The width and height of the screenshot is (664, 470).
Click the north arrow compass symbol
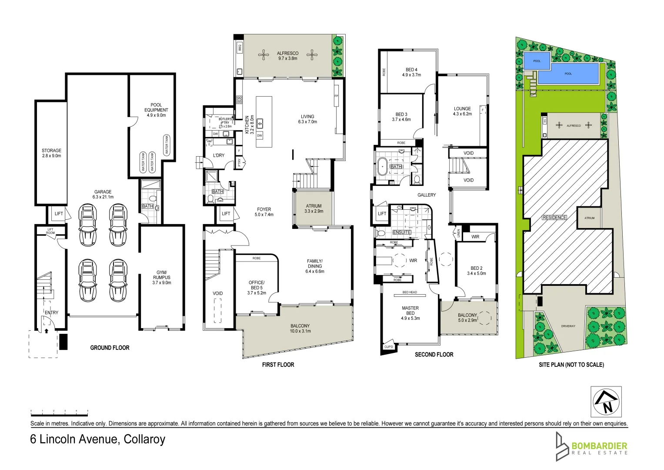606,402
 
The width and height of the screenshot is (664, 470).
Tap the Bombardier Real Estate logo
591,446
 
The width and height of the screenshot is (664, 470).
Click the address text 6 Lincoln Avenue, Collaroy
97,439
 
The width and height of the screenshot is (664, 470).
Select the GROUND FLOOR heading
110,348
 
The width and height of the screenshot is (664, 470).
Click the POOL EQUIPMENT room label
156,110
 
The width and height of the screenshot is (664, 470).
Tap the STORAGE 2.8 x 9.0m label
51,153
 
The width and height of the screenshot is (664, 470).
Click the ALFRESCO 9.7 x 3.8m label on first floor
287,56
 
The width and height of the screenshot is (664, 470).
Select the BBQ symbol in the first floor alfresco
239,47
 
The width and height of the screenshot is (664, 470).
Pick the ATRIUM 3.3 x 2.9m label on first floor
314,208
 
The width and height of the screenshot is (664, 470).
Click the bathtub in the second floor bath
382,167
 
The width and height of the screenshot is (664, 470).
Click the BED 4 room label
411,72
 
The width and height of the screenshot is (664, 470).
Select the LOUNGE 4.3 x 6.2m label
462,111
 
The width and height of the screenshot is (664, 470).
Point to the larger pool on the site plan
568,74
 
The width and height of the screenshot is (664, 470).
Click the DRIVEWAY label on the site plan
568,326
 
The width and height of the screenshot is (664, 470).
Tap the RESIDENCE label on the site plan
554,217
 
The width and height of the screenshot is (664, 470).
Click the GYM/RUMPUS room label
161,277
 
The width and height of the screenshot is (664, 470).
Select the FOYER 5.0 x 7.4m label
264,212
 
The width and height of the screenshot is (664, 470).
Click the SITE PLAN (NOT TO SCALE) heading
571,365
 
